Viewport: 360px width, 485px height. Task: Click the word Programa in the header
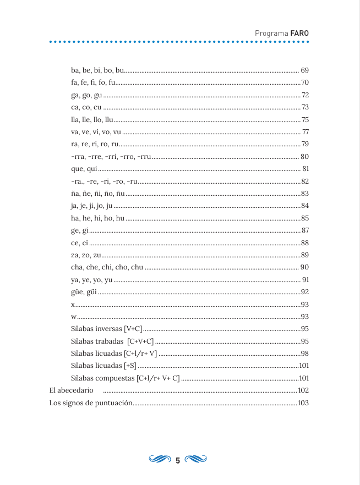click(272, 33)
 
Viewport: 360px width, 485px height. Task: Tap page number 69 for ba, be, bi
click(304, 70)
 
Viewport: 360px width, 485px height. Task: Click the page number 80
click(304, 157)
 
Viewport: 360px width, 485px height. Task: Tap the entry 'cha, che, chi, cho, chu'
click(107, 267)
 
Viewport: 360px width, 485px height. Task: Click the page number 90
click(304, 267)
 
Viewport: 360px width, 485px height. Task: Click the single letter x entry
click(73, 304)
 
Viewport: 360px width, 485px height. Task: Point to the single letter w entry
click(74, 317)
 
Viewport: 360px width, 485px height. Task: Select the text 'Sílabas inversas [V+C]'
click(107, 329)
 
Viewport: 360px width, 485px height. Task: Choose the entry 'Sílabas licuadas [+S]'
click(103, 366)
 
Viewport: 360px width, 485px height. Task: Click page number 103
click(303, 403)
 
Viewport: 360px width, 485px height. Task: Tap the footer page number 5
click(178, 460)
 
